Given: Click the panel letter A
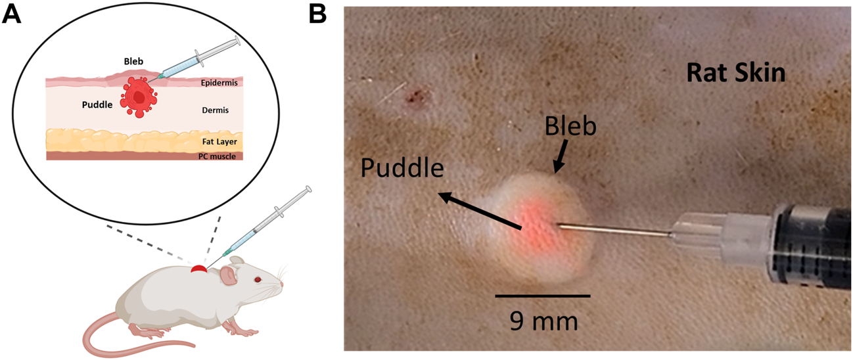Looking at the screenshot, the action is [12, 14].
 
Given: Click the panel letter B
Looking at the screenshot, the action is [317, 14].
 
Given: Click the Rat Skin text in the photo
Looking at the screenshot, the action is [735, 73].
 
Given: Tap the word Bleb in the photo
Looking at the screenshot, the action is [570, 125].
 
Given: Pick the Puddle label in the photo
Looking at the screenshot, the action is [402, 169].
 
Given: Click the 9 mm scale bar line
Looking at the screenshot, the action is [542, 296].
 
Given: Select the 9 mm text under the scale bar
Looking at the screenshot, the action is [543, 321].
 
